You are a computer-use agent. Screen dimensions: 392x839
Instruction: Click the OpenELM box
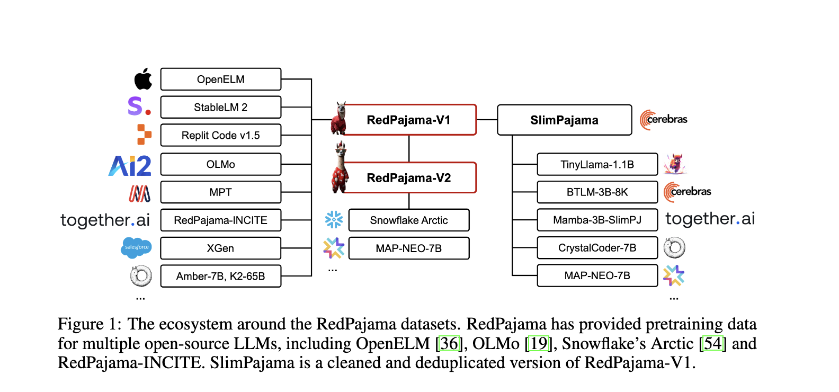pyautogui.click(x=220, y=79)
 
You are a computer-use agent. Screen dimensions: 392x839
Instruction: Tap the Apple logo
pyautogui.click(x=143, y=79)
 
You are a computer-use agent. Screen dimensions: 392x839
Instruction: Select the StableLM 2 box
pyautogui.click(x=220, y=108)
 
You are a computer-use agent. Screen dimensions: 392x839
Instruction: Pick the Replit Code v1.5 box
pyautogui.click(x=220, y=136)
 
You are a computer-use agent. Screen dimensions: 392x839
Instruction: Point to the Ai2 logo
pyautogui.click(x=130, y=166)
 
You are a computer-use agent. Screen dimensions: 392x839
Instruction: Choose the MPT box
pyautogui.click(x=220, y=192)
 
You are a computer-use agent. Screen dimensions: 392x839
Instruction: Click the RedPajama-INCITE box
pyautogui.click(x=220, y=220)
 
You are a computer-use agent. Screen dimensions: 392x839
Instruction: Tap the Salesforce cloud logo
pyautogui.click(x=136, y=247)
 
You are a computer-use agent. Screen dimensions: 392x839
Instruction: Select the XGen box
pyautogui.click(x=220, y=248)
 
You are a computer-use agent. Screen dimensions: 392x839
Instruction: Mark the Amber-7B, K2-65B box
pyautogui.click(x=220, y=277)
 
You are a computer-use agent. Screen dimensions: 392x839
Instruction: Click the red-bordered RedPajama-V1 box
pyautogui.click(x=408, y=120)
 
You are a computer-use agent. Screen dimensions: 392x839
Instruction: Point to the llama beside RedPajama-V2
pyautogui.click(x=340, y=168)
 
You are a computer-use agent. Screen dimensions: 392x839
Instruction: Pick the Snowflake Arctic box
pyautogui.click(x=408, y=220)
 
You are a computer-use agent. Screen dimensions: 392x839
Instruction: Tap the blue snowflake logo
pyautogui.click(x=334, y=219)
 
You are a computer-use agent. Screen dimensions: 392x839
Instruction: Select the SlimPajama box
pyautogui.click(x=564, y=120)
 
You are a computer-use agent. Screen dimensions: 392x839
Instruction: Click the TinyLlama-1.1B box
pyautogui.click(x=597, y=165)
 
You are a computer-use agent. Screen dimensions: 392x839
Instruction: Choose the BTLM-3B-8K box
pyautogui.click(x=597, y=192)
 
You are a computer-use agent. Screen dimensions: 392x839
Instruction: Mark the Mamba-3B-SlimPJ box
pyautogui.click(x=597, y=220)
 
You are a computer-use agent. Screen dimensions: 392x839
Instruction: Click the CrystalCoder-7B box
pyautogui.click(x=597, y=248)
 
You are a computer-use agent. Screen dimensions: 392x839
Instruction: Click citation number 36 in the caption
pyautogui.click(x=449, y=344)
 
